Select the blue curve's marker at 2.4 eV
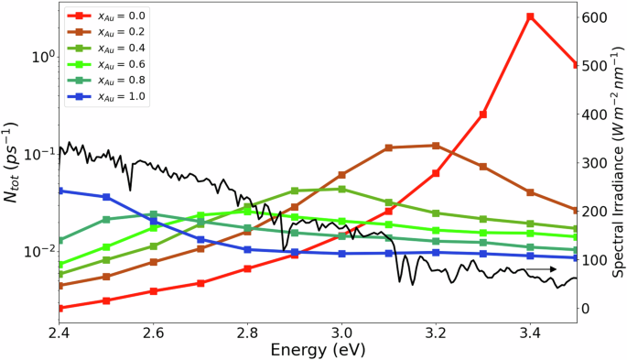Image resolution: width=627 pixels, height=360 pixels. (60, 191)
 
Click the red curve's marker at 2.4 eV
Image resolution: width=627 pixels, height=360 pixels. (60, 308)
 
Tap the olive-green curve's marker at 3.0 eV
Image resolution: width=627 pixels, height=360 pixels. (341, 190)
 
